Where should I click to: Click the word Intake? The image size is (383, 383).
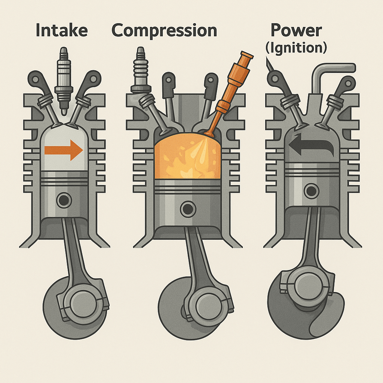[x=62, y=30]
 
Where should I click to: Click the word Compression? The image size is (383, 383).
[x=164, y=30]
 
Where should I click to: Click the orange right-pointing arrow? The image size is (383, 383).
[x=64, y=150]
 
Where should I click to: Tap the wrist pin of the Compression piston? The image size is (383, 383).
[x=187, y=209]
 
